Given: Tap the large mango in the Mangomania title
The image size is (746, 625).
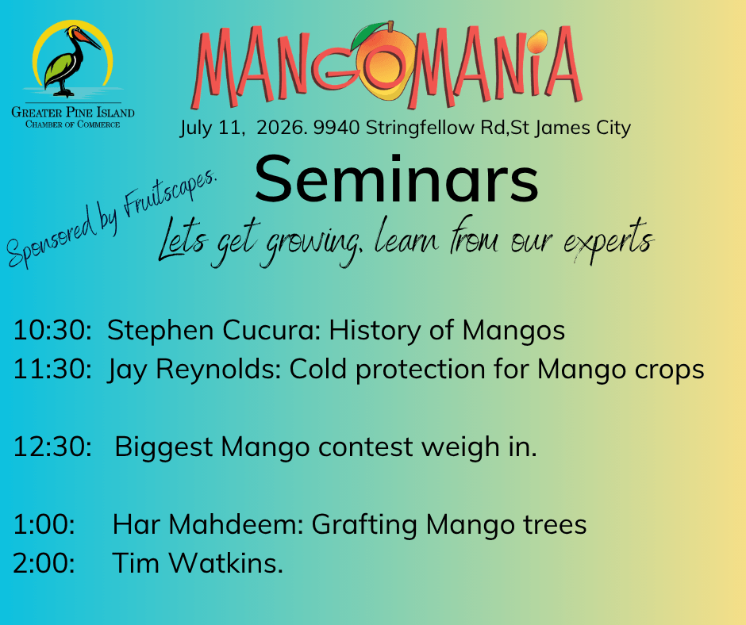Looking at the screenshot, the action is [386, 63].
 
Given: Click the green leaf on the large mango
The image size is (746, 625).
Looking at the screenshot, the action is [369, 33].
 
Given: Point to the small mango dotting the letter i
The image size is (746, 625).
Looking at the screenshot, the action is [536, 42].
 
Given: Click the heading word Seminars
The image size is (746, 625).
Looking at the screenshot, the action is [396, 180].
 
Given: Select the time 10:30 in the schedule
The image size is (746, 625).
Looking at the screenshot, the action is [52, 330].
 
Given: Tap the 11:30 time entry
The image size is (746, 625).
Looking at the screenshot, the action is [52, 369].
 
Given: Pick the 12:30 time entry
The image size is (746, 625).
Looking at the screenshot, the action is [52, 447].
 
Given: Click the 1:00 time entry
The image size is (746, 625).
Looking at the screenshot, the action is [44, 524].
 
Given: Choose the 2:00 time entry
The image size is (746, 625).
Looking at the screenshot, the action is [44, 562].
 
